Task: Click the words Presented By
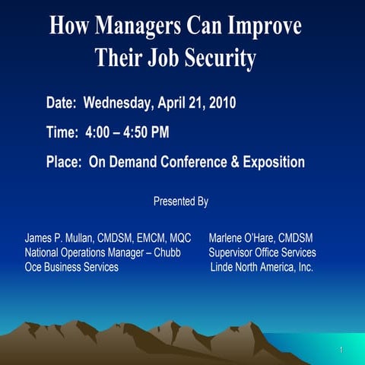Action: pyautogui.click(x=181, y=202)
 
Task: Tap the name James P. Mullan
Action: pyautogui.click(x=59, y=238)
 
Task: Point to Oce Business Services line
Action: pyautogui.click(x=71, y=267)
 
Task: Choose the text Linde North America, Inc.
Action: pyautogui.click(x=262, y=267)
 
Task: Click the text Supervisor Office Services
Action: pyautogui.click(x=262, y=252)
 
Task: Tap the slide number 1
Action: pyautogui.click(x=342, y=351)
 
